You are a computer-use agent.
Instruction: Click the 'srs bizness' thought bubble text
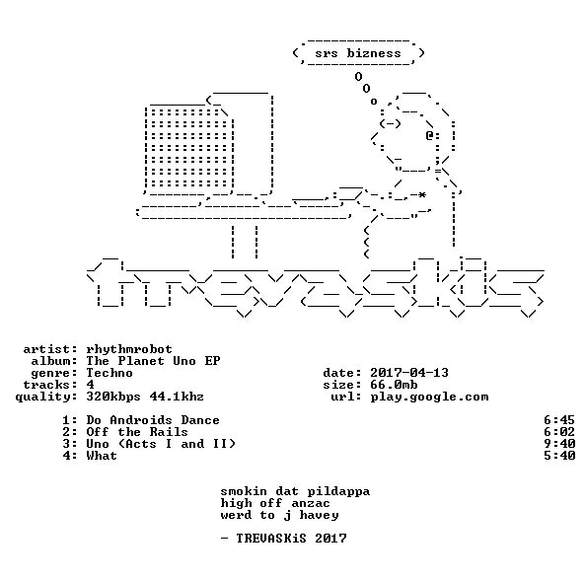358,53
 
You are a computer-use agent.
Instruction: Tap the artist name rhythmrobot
129,349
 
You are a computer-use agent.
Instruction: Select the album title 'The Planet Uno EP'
153,361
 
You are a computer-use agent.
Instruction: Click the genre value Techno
109,373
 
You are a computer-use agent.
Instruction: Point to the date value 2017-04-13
409,373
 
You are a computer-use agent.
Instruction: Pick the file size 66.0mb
394,385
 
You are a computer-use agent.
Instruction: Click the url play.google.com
429,397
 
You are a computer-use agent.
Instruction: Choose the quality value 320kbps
113,397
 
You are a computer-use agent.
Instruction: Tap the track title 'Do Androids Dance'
153,420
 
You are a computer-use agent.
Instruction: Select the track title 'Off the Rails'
137,432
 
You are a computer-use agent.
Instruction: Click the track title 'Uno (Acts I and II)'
161,444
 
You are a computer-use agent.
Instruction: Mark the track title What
102,456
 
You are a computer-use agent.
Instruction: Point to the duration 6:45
559,420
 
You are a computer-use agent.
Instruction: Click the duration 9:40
559,444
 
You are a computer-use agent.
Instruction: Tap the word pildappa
338,491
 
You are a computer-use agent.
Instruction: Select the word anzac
311,504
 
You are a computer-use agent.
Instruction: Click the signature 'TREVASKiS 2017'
291,539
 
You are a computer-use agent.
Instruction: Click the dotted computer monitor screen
189,148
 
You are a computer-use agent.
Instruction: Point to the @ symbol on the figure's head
429,135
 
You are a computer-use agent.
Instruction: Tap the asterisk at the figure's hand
421,195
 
